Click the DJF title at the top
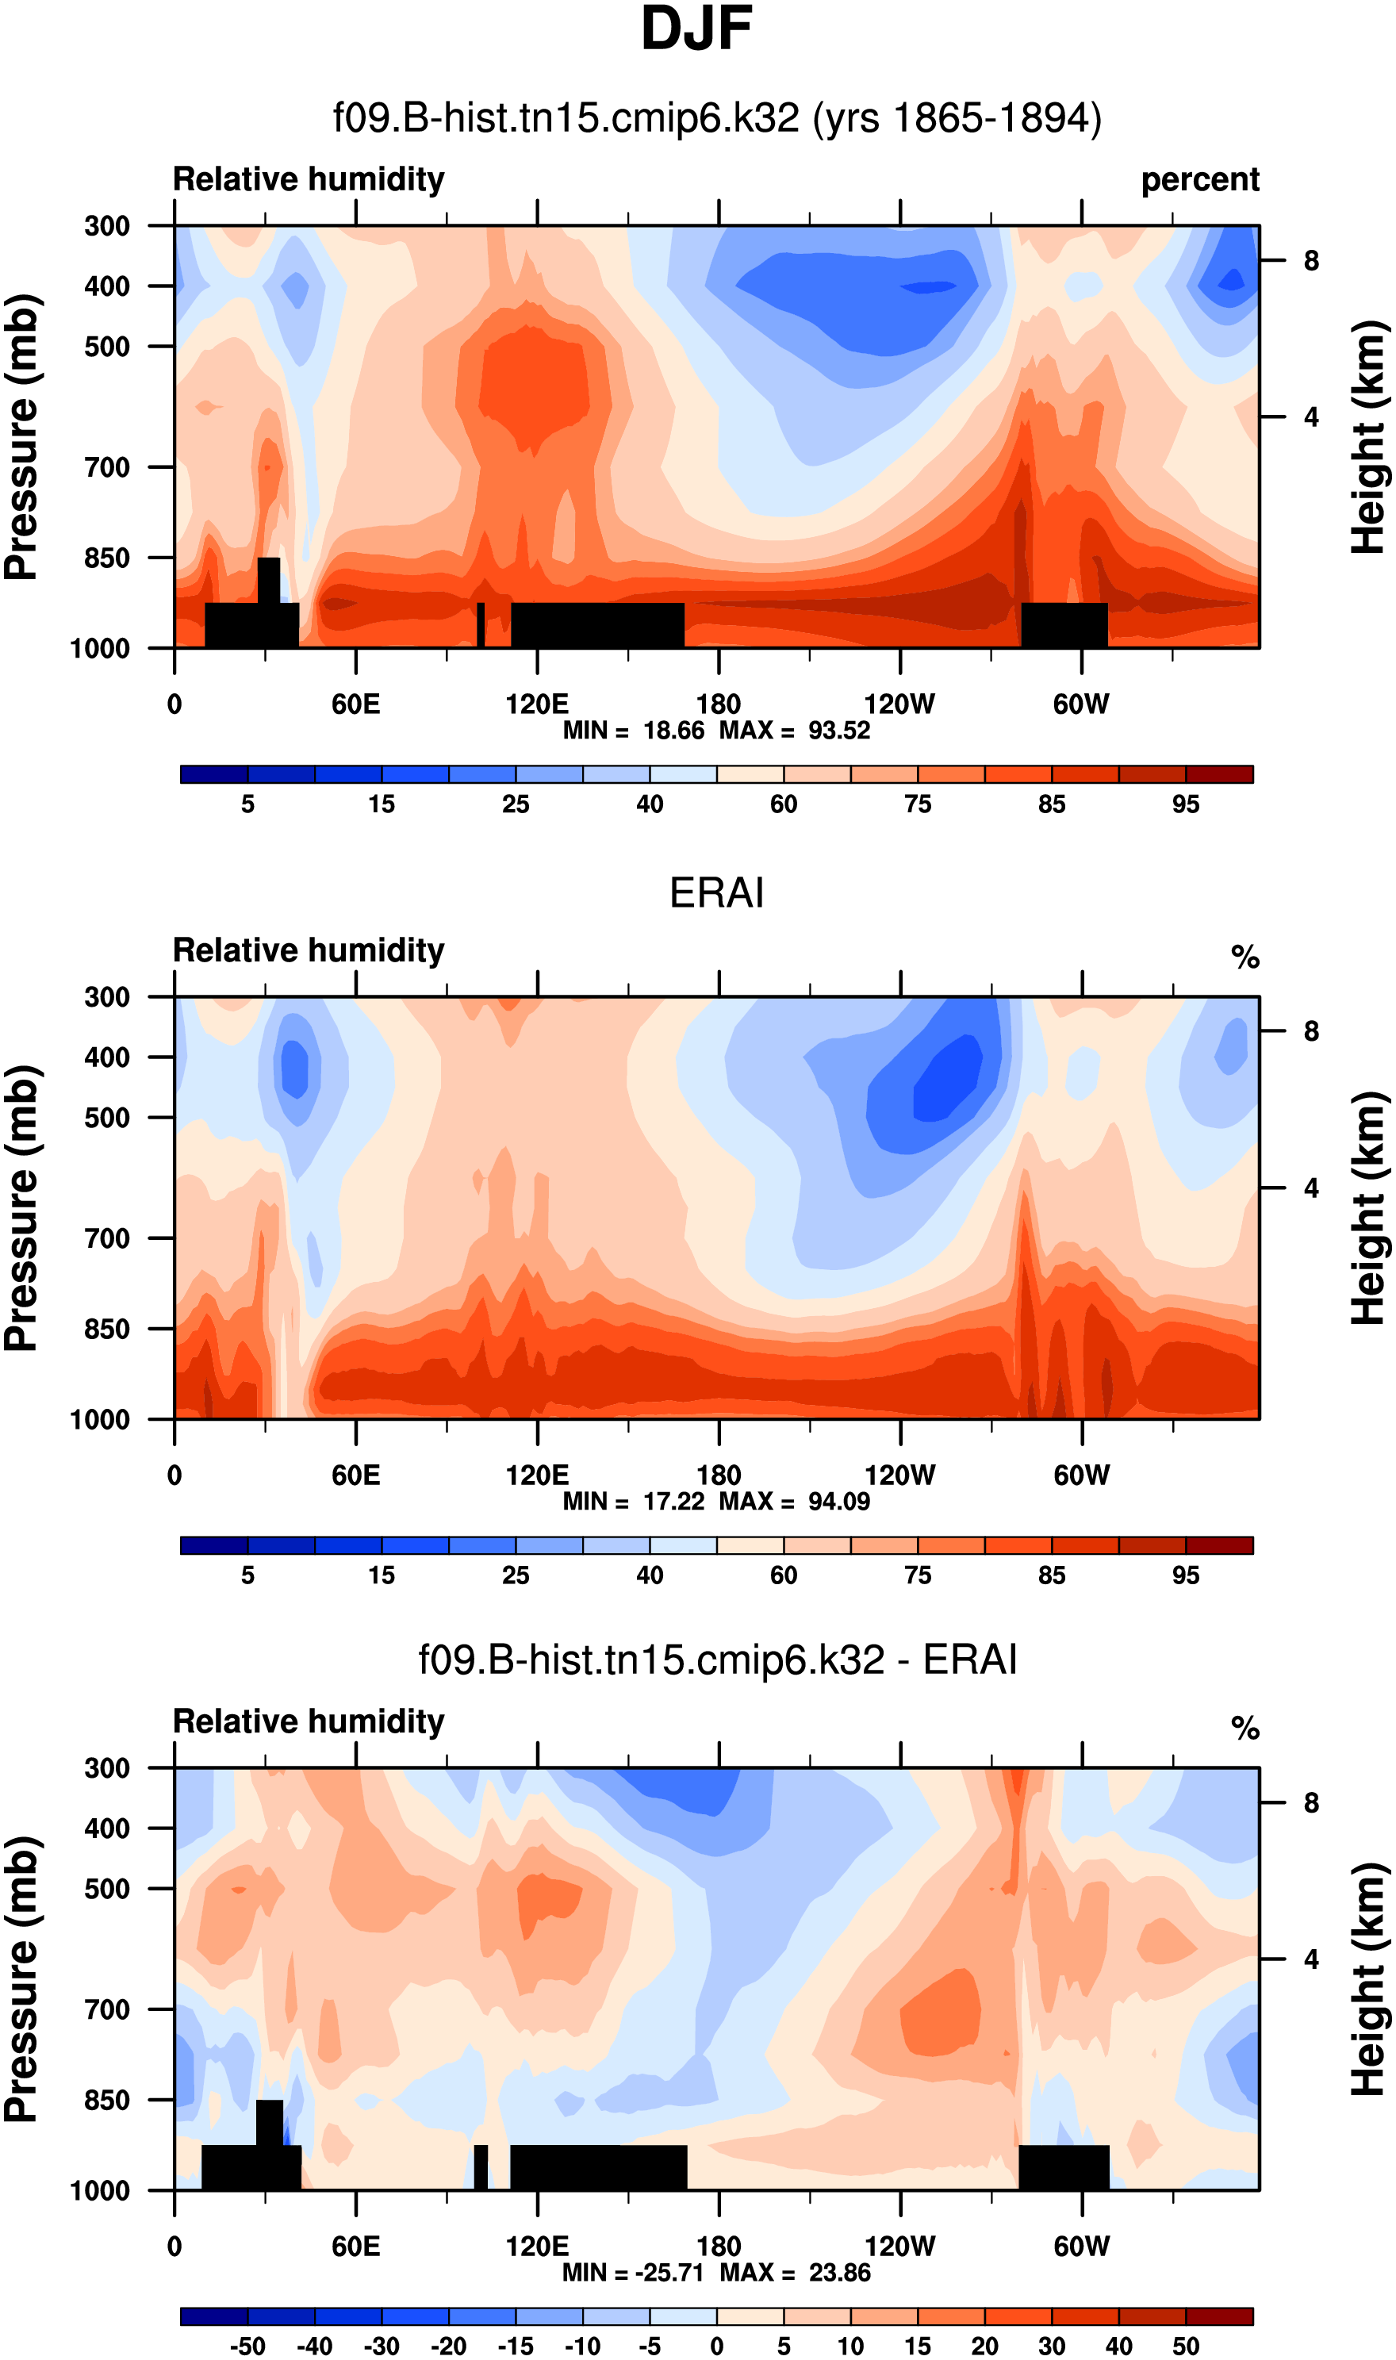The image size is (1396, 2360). [697, 30]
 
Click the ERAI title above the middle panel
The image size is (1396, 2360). [716, 892]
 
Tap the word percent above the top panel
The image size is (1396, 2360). [1199, 179]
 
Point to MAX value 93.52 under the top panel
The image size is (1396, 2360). [839, 731]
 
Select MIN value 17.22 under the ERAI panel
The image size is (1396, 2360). [673, 1502]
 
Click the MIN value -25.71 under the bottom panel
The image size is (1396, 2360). [669, 2273]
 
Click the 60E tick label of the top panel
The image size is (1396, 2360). [355, 704]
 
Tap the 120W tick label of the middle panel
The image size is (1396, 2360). [899, 1475]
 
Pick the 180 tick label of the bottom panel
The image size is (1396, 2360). [719, 2247]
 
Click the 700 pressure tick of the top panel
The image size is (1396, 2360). [107, 467]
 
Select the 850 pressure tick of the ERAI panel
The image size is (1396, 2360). [107, 1329]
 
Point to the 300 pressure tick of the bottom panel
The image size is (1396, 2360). [107, 1768]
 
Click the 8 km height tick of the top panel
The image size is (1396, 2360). [1311, 260]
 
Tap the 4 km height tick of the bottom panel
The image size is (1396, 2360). [1311, 1959]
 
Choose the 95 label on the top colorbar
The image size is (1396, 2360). [1185, 804]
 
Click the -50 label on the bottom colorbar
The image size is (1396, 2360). [247, 2346]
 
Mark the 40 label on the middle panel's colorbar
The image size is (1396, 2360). [649, 1575]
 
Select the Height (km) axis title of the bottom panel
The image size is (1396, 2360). [1370, 1979]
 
